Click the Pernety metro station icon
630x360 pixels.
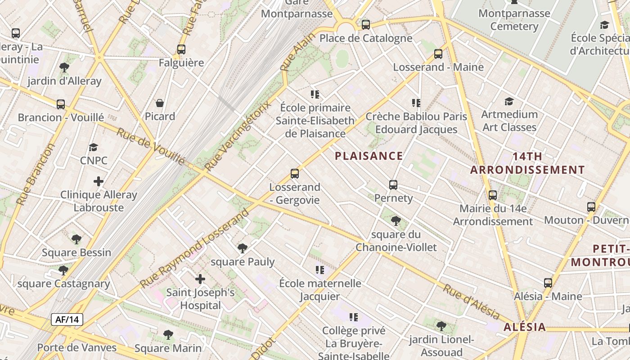click(x=393, y=184)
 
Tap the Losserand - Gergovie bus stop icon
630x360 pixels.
click(x=295, y=173)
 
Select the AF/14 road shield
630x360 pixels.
click(x=67, y=319)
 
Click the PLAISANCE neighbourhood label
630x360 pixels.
click(x=369, y=156)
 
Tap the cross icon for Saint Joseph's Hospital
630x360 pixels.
click(x=200, y=279)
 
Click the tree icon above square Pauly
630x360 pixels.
click(x=243, y=248)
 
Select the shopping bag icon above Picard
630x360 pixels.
click(x=159, y=103)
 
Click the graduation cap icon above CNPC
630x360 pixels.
click(x=93, y=147)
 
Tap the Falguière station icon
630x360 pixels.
click(x=181, y=49)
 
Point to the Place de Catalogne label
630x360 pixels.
click(x=366, y=38)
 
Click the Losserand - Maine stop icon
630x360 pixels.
click(x=438, y=54)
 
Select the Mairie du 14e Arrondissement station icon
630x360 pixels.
click(x=493, y=195)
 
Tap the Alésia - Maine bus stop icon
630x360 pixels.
click(x=548, y=283)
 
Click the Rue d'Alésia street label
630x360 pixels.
click(x=471, y=301)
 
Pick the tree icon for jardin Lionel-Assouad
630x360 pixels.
click(x=441, y=326)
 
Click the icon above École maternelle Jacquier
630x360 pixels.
click(x=319, y=270)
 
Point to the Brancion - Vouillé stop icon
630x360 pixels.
click(x=61, y=104)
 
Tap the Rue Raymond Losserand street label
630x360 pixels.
click(x=194, y=249)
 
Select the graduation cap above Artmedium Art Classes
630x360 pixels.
click(x=509, y=101)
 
